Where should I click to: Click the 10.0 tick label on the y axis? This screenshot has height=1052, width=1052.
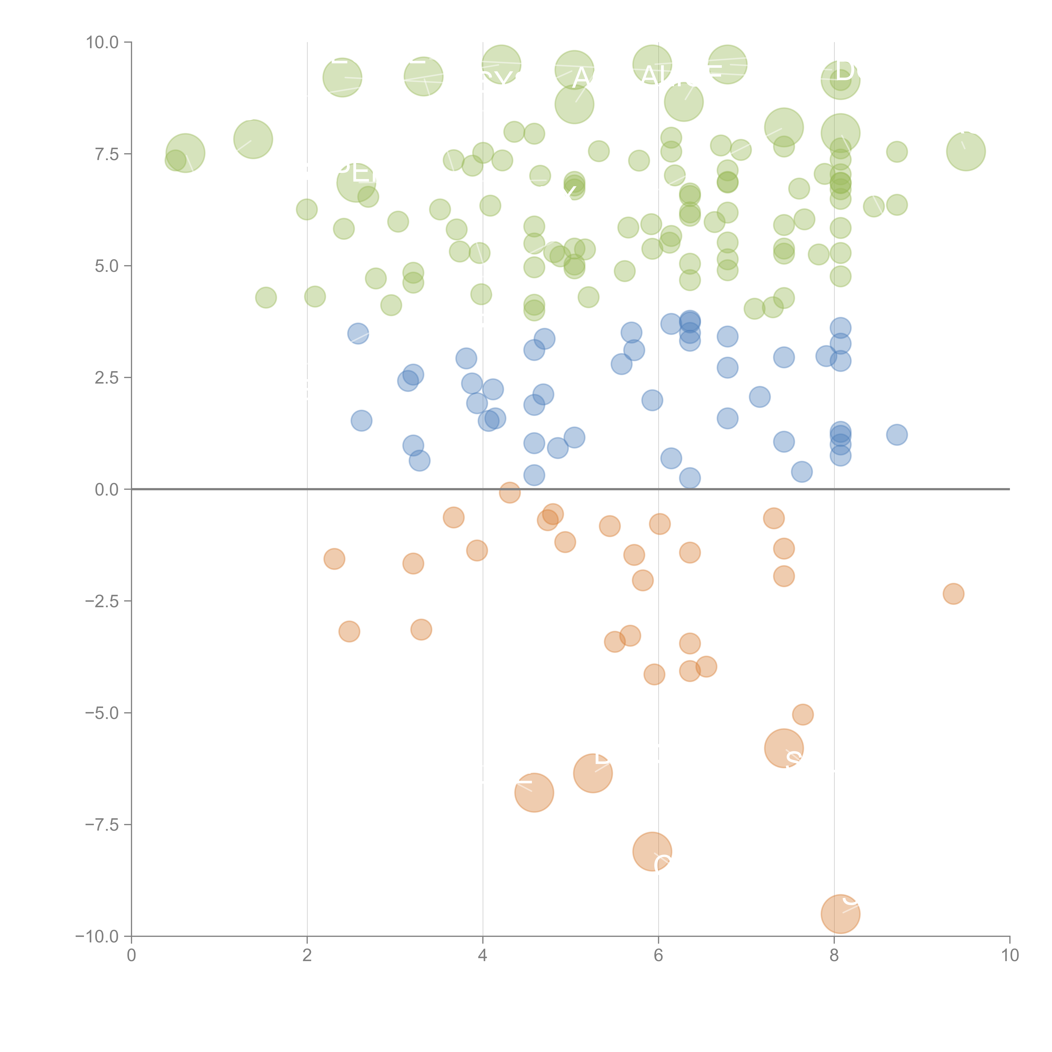point(102,43)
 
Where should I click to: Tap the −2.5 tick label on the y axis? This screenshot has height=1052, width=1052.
point(102,601)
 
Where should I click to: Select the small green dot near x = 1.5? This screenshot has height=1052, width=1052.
point(266,297)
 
